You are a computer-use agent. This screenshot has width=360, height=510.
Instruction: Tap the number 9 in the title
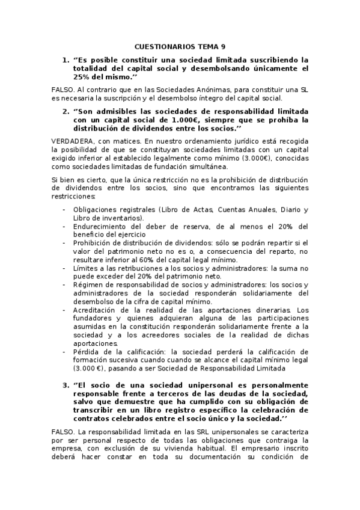[x=224, y=46]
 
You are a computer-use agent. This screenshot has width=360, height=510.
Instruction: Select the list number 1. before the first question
[x=66, y=60]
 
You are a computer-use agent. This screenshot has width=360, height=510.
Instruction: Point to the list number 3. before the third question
[x=66, y=384]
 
